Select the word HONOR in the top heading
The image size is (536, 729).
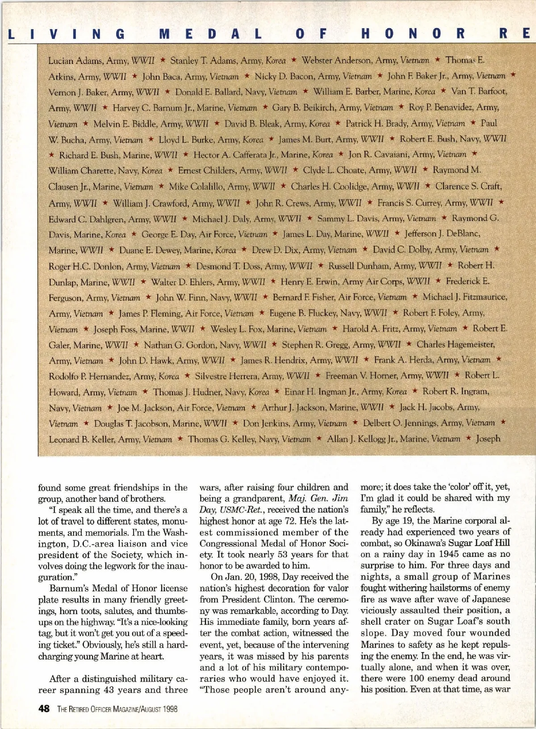[x=412, y=34]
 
